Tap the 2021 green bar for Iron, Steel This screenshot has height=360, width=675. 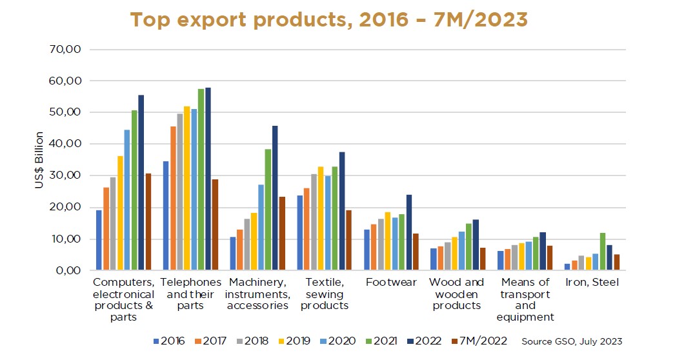[602, 252]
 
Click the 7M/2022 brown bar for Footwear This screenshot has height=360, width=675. [416, 252]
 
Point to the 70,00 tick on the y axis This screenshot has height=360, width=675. [67, 50]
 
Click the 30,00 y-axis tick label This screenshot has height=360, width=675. [67, 175]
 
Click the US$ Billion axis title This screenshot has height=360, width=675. [40, 160]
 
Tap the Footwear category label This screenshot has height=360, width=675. [391, 282]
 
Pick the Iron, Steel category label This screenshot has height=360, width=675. [592, 282]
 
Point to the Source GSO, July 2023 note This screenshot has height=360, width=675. [571, 341]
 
